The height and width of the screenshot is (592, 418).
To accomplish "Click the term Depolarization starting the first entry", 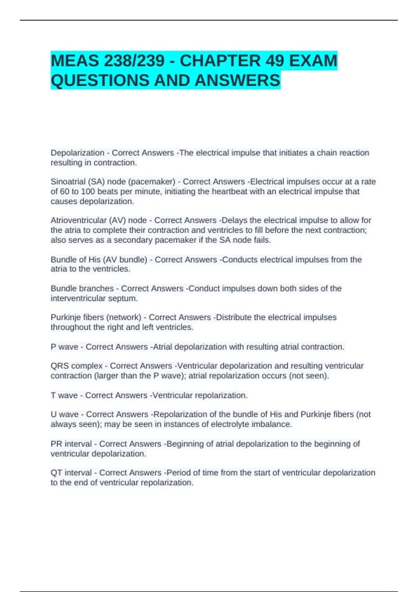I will tap(77, 153).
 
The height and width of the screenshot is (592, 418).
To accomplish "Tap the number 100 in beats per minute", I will tap(88, 192).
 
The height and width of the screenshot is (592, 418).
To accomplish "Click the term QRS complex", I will tap(77, 366).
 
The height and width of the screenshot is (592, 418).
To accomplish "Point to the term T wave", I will tap(64, 396).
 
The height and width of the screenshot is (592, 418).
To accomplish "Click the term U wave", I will tap(64, 414).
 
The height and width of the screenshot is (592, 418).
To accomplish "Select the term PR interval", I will tap(71, 444).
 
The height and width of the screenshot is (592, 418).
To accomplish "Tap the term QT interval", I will tap(71, 473).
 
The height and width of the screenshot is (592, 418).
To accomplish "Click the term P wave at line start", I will tap(64, 347).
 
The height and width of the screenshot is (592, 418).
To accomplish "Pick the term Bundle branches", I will tap(82, 289).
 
